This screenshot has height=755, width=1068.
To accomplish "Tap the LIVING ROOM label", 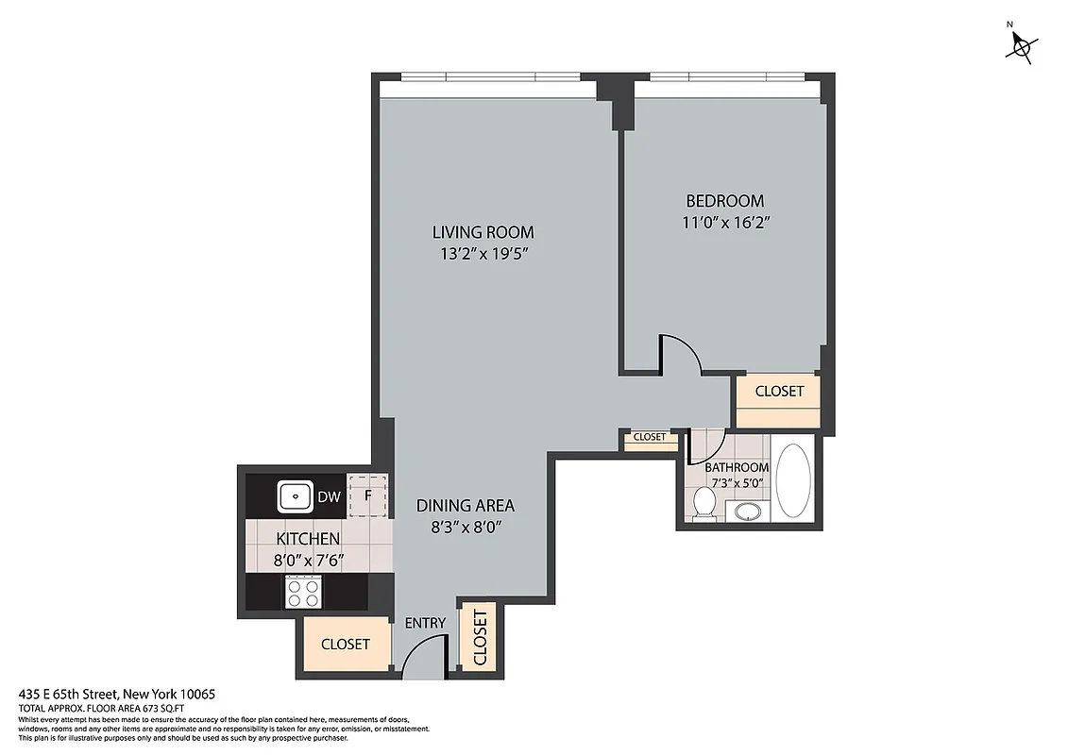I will (483, 232).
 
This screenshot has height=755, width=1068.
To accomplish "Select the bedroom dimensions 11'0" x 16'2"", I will (724, 223).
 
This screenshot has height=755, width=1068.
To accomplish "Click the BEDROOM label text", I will (724, 201).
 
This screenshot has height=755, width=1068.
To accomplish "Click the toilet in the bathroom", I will (703, 502).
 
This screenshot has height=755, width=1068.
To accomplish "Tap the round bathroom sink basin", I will (748, 512).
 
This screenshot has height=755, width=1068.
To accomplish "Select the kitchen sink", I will (297, 495).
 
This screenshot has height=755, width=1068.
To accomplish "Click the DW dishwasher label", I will (330, 495).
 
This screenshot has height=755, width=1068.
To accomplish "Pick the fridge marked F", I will (369, 495).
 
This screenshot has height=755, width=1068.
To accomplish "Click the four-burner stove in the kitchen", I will (303, 593).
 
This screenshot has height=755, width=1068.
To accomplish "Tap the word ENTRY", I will (425, 623).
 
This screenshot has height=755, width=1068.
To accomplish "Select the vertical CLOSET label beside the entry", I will (480, 638).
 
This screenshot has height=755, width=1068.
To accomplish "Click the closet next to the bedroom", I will (779, 391).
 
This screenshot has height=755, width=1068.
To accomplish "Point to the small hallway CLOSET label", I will (649, 437).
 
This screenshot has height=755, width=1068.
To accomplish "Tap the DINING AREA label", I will (466, 506).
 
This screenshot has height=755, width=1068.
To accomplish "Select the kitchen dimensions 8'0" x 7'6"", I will (308, 560).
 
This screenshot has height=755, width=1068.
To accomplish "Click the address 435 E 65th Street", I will (117, 694).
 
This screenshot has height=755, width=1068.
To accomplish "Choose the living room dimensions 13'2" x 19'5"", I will (483, 254).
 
